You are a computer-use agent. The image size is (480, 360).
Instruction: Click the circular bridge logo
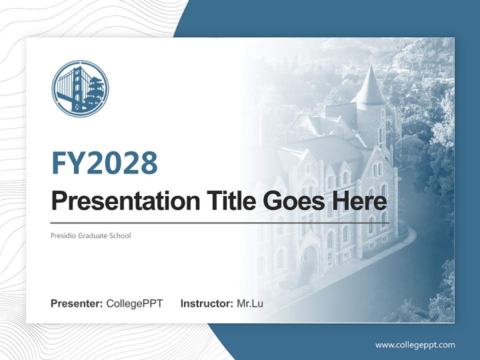coord(80,89)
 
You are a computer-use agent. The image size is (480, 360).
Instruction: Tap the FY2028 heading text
coord(104,163)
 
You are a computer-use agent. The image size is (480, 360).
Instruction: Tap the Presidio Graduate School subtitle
coord(90,235)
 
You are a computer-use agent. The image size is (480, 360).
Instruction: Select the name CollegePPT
coord(134,303)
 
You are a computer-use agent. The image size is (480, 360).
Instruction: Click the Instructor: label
coord(207,303)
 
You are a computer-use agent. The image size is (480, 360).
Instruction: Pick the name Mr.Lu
coord(250,303)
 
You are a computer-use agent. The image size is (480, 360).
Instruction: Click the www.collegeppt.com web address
coord(415,345)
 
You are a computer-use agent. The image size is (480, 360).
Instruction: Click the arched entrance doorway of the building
coord(310,260)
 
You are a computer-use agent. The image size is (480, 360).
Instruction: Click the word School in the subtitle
coord(120,235)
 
